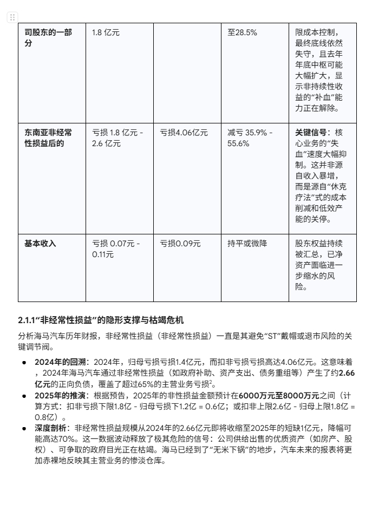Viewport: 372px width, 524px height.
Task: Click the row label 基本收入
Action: tap(40, 244)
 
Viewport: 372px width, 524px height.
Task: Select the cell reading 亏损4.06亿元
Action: tap(184, 133)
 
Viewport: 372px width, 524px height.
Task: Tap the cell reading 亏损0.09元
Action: tap(180, 244)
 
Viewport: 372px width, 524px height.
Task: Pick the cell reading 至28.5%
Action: tap(242, 32)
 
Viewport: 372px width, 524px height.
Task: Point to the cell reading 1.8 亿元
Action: tap(106, 32)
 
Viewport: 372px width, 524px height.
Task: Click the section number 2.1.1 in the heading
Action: tap(28, 320)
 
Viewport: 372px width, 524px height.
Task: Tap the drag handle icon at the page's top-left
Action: tap(12, 17)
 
